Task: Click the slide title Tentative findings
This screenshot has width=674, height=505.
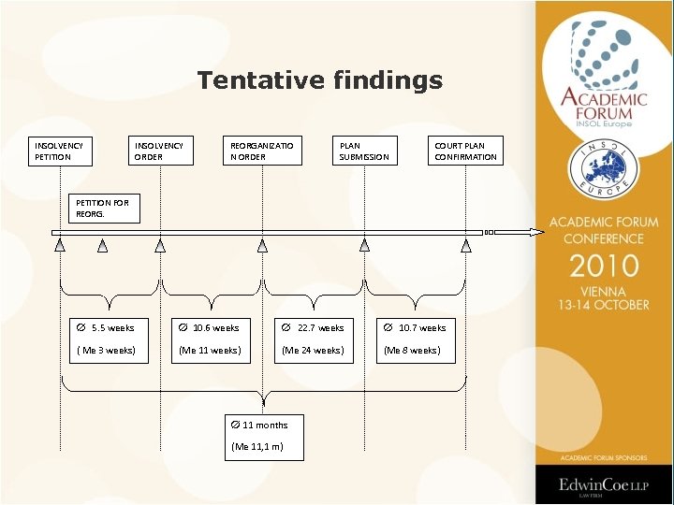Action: point(319,81)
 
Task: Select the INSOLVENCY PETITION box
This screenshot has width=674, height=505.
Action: point(63,151)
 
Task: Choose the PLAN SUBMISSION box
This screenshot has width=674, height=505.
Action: point(365,151)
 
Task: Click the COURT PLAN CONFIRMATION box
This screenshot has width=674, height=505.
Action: point(466,151)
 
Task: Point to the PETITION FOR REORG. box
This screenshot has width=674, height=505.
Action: point(106,208)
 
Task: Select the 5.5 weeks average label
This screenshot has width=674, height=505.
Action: point(106,328)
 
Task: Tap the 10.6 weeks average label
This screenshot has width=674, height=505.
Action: point(210,328)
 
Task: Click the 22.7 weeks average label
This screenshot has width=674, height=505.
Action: point(314,328)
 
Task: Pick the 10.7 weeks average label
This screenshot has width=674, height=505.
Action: point(416,328)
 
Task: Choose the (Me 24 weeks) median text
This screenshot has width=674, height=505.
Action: point(314,351)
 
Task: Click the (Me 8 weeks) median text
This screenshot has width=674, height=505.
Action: point(411,351)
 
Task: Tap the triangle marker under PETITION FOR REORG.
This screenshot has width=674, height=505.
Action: point(103,246)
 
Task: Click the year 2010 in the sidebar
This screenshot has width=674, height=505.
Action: point(604,267)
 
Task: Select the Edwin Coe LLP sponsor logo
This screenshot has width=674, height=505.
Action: point(604,485)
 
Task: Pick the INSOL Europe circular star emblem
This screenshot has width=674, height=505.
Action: point(604,168)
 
